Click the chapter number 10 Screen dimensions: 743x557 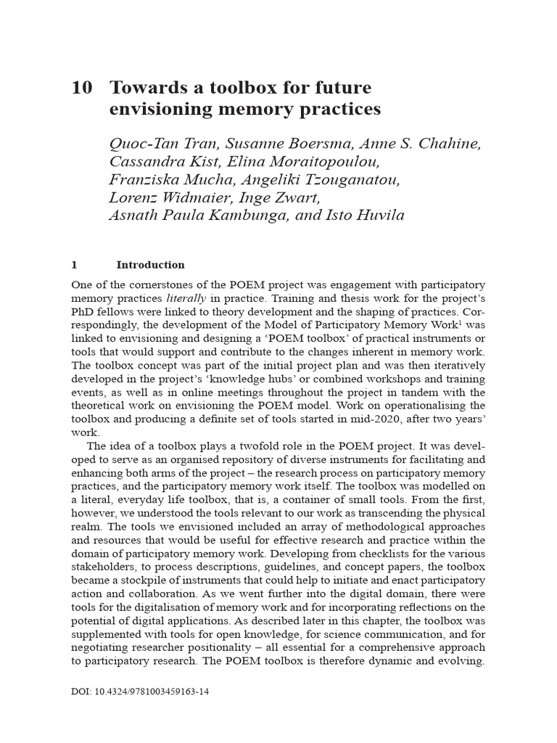81,89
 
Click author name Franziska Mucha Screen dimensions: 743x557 165,180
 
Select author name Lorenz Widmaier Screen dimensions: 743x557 161,197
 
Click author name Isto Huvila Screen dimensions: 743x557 368,215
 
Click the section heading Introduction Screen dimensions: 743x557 150,265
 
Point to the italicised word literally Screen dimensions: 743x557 186,298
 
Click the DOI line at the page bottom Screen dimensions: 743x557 140,692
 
